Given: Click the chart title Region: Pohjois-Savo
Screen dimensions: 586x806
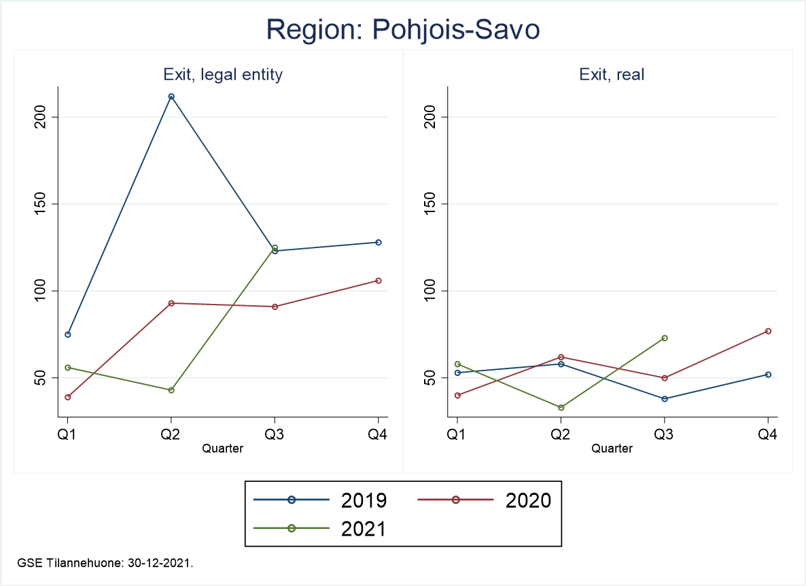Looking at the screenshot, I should point(403,29).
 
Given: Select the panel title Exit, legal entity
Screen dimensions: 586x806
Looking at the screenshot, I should point(223,75).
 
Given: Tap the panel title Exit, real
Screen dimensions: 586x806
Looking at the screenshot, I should point(612,75).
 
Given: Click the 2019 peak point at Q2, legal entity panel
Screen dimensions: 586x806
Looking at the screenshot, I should point(171,97).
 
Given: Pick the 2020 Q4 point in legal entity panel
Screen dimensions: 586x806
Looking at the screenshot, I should point(379,281).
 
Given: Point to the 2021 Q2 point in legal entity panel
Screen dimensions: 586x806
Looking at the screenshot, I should point(171,390).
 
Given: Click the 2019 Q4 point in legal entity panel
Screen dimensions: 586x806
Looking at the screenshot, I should point(379,242).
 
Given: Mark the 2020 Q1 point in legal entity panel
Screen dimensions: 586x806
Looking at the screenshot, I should point(68,397).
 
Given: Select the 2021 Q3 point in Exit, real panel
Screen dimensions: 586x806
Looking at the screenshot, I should point(665,338).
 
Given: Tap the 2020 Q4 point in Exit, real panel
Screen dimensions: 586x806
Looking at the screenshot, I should point(768,331).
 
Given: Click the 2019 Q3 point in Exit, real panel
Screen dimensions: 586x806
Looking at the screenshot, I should point(665,399).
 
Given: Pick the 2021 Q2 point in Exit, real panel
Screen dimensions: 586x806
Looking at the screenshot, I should point(561,408).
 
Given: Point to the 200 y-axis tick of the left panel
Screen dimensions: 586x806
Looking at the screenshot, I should point(42,117).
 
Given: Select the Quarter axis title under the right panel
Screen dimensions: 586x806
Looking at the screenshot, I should point(612,449).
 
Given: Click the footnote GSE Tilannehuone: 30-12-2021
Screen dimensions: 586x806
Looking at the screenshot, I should point(108,563).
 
